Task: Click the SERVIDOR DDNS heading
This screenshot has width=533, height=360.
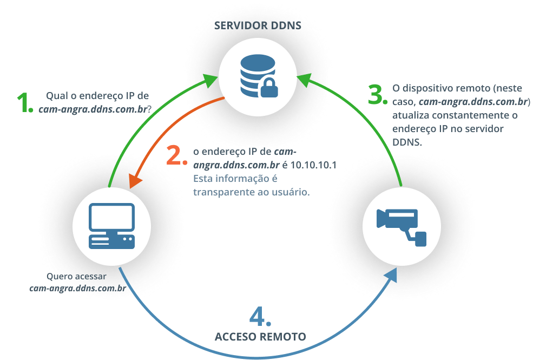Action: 258,26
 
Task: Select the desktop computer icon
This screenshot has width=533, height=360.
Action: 111,226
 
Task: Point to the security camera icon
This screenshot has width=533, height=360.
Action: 402,224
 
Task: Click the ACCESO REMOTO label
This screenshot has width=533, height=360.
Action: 260,337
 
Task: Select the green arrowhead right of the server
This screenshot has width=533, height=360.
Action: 304,81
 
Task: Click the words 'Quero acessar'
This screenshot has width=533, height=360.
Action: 76,277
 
